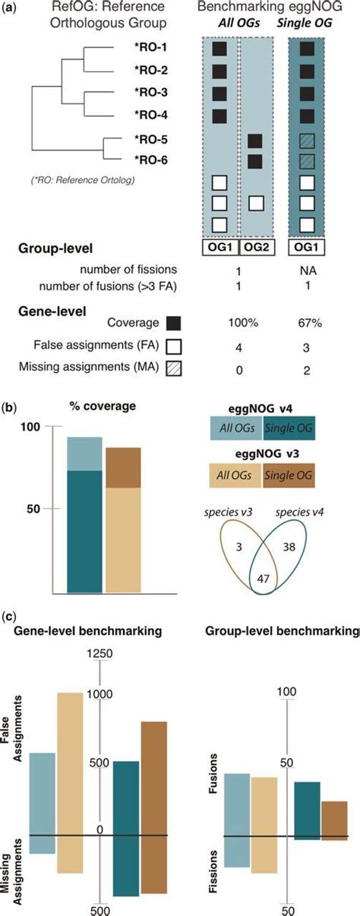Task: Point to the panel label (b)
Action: tap(10, 406)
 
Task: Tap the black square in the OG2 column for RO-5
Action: tap(255, 141)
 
